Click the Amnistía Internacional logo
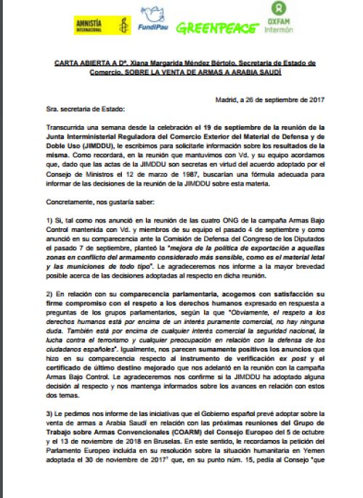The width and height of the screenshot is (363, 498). click(97, 25)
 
